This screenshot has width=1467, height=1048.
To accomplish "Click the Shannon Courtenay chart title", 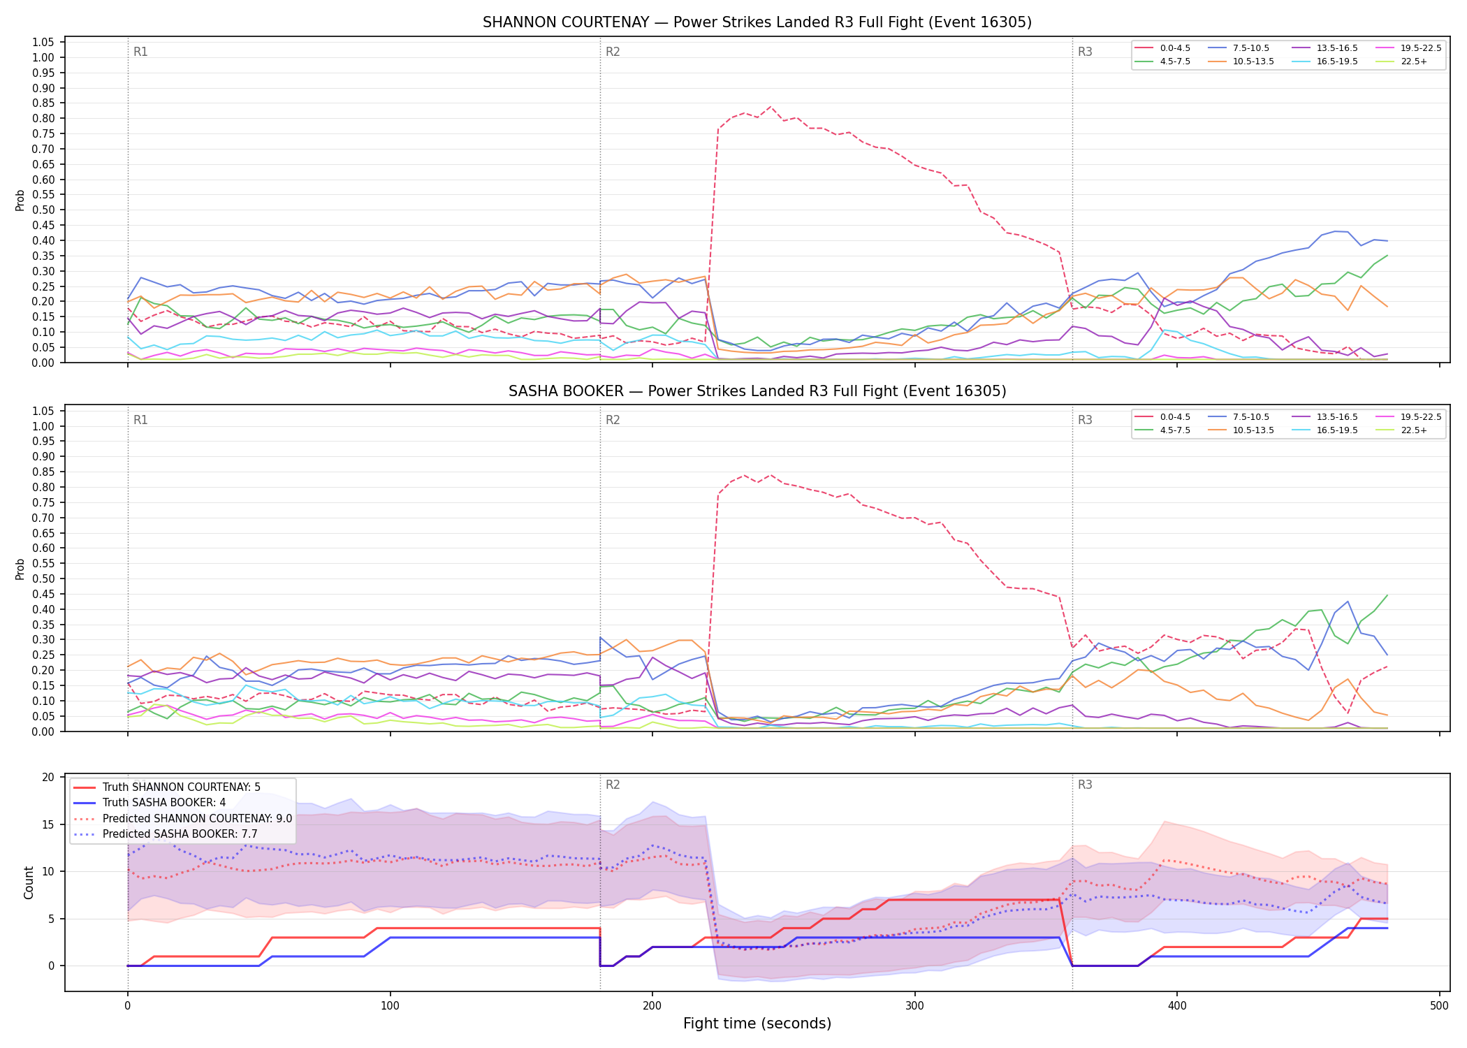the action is pos(757,22).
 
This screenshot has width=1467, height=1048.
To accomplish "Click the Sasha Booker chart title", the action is pos(757,391).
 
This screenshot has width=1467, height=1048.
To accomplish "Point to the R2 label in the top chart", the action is pos(613,52).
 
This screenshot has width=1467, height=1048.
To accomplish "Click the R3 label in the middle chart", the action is pos(1085,420).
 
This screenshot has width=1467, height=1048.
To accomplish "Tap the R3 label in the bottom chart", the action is pos(1085,785).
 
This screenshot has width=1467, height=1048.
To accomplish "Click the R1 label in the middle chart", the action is pos(140,420).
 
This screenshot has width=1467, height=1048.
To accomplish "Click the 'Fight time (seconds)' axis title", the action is pos(757,1024).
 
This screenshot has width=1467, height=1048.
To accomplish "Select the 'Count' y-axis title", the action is pos(29,882).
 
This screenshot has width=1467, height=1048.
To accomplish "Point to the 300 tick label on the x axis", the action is pos(914,1006).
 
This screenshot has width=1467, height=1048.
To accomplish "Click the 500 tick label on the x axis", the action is pos(1439,1006).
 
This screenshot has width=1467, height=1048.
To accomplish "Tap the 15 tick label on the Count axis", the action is pos(48,824).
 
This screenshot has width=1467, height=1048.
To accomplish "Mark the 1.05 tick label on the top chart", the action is pos(43,43).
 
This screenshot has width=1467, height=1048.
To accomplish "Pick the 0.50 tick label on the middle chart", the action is pos(43,578).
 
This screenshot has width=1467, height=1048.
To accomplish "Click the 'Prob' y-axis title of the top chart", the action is pos(20,200).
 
